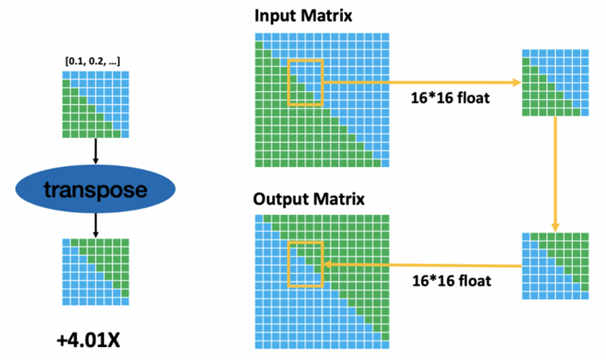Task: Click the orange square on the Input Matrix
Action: (x=306, y=81)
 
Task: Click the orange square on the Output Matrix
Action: (x=306, y=264)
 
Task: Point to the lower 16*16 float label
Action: (x=452, y=280)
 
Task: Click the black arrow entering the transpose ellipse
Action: (x=95, y=151)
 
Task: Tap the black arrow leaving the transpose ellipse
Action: (x=95, y=224)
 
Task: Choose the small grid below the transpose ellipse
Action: (x=95, y=271)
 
